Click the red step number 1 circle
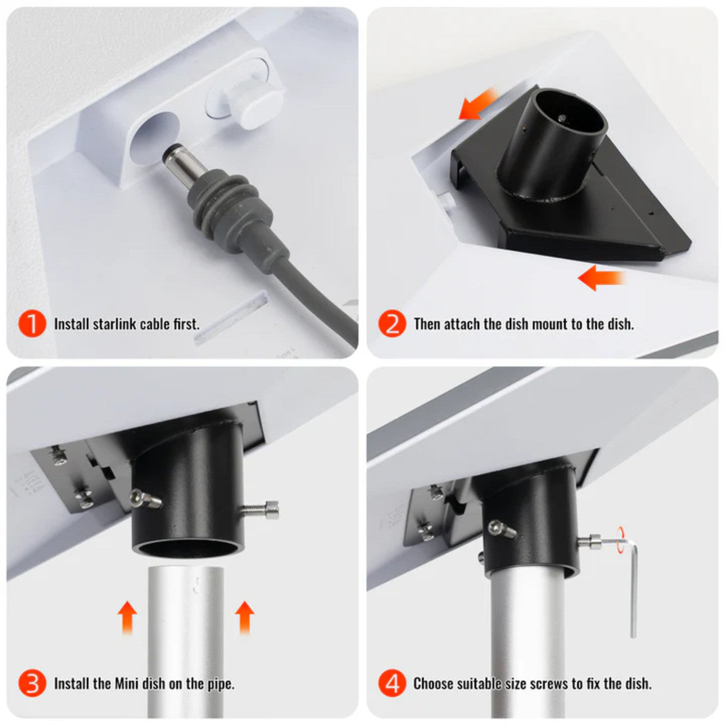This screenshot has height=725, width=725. coord(32,324)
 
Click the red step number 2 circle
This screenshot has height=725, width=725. coord(393,324)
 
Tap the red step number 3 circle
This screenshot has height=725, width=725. coord(32,684)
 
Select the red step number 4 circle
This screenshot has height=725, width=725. coord(393,684)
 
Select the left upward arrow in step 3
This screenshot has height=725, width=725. coord(127,617)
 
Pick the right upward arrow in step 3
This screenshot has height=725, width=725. coord(244,617)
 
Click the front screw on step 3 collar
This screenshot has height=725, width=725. coord(144,499)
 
